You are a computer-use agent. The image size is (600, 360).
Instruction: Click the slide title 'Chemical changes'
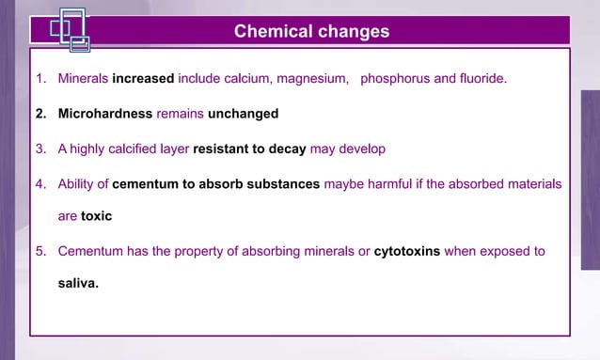pyautogui.click(x=311, y=31)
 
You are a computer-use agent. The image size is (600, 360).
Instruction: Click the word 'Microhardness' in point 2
pyautogui.click(x=105, y=114)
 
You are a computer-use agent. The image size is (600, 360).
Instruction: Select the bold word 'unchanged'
pyautogui.click(x=243, y=114)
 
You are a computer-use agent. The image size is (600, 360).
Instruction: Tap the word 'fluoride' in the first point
pyautogui.click(x=482, y=78)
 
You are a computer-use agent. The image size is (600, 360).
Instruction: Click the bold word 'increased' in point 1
pyautogui.click(x=143, y=78)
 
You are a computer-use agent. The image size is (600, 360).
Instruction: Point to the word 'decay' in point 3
pyautogui.click(x=288, y=149)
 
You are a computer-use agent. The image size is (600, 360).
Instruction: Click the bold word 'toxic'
pyautogui.click(x=96, y=216)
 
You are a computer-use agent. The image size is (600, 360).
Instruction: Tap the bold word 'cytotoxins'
pyautogui.click(x=407, y=252)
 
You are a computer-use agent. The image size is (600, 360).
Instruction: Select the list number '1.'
pyautogui.click(x=41, y=78)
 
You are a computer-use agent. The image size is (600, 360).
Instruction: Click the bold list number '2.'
pyautogui.click(x=41, y=114)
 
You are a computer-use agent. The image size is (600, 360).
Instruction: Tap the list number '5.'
pyautogui.click(x=41, y=252)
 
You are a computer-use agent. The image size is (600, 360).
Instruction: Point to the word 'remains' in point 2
pyautogui.click(x=180, y=114)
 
